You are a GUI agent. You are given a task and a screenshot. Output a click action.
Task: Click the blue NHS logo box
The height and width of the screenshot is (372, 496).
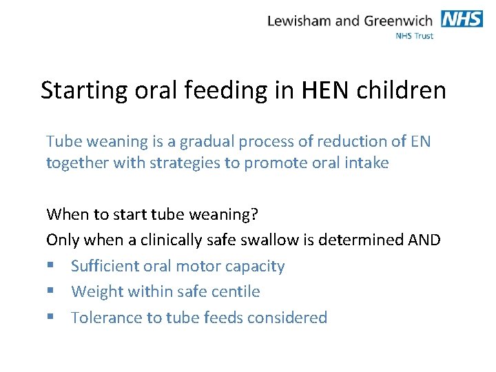point(462,19)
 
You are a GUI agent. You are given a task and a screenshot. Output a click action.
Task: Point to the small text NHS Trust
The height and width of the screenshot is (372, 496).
point(414,36)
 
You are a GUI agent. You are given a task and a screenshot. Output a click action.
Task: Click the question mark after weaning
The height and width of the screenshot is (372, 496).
point(254,214)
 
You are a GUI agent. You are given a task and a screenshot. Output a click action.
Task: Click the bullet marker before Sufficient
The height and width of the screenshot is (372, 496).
point(50,267)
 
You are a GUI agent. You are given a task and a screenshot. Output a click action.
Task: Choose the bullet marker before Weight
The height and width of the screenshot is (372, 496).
point(50,292)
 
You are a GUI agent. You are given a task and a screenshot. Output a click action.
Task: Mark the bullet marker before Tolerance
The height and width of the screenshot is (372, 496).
point(50,318)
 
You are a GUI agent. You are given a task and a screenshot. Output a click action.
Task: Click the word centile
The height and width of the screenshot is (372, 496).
point(234,292)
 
